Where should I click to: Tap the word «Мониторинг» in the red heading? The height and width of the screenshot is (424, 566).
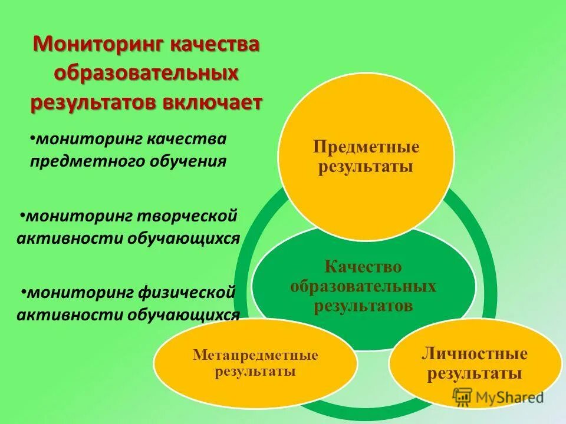[97, 45]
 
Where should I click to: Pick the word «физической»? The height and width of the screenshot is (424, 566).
[188, 291]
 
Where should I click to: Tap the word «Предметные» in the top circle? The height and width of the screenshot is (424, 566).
[366, 147]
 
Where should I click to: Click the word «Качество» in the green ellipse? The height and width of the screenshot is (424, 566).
[363, 267]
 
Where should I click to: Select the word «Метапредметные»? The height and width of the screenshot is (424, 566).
[255, 356]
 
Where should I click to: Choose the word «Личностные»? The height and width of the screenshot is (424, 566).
[474, 355]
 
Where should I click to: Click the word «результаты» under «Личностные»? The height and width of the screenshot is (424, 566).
[474, 373]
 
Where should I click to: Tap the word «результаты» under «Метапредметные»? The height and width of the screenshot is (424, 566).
[255, 372]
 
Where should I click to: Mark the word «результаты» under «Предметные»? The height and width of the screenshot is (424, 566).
[366, 167]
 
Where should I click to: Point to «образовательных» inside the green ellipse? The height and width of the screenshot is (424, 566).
[363, 287]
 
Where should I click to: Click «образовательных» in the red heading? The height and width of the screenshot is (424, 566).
[146, 73]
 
